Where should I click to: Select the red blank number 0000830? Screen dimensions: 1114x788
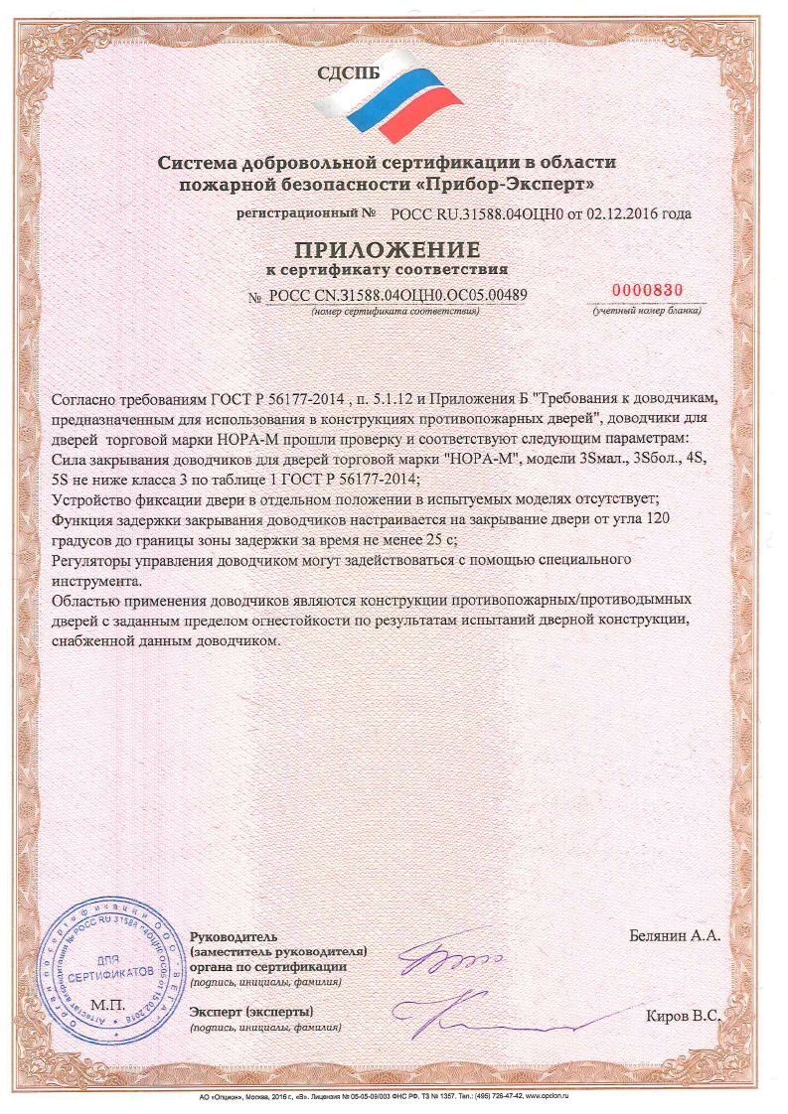coord(647,290)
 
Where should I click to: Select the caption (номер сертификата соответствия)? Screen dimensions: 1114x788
coord(395,312)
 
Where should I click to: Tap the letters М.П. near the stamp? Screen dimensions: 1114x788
coord(104,1005)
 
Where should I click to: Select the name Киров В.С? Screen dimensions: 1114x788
coord(683,1016)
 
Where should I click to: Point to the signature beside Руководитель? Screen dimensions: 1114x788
coord(447,961)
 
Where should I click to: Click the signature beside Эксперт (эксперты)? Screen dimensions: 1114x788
coord(497,1013)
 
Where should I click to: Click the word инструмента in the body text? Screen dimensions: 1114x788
coord(94,582)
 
